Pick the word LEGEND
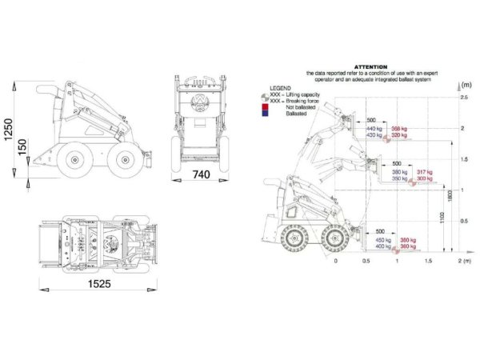(281, 85)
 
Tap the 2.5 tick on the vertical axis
(463, 98)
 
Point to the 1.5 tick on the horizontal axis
(428, 261)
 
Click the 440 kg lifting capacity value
(374, 129)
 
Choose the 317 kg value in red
(424, 172)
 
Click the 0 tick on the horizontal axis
(336, 261)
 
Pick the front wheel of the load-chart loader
(335, 238)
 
